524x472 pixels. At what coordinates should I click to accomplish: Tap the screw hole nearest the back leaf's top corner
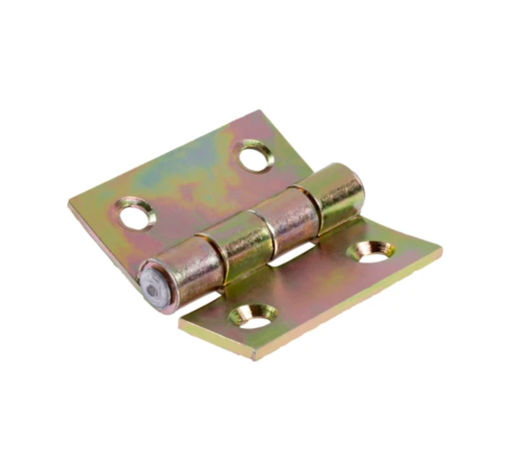click(255, 159)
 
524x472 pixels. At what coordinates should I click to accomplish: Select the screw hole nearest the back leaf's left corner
click(135, 213)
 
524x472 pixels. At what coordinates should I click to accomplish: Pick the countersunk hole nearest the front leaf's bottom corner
click(254, 317)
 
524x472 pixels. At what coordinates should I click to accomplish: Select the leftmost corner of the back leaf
click(70, 203)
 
